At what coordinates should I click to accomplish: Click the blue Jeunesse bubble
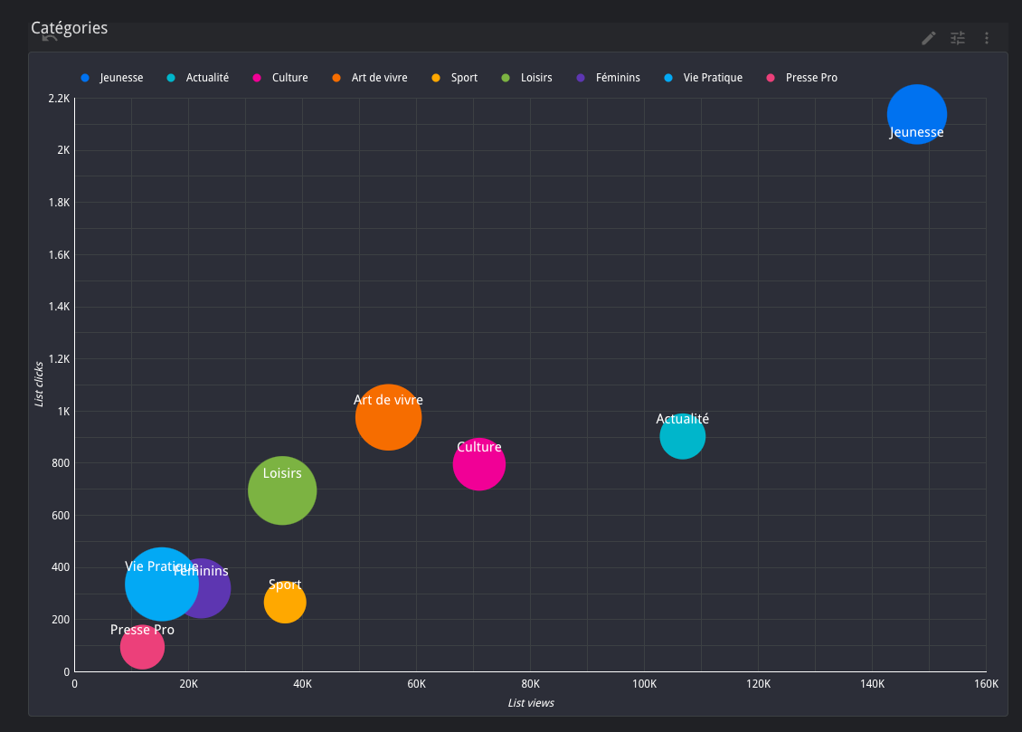[x=916, y=113]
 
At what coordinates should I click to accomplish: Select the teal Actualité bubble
[x=682, y=437]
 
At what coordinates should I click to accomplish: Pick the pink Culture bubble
[x=478, y=465]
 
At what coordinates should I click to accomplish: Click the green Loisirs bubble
[x=282, y=491]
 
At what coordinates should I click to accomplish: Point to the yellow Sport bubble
[x=285, y=603]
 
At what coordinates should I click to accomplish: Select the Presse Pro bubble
[x=142, y=648]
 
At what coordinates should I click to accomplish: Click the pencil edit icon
[x=928, y=38]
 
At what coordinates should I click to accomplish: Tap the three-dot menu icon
[x=987, y=38]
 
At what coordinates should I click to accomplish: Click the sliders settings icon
[x=958, y=38]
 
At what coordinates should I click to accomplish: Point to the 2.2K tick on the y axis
[x=58, y=98]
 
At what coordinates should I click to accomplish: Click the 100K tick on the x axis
[x=644, y=684]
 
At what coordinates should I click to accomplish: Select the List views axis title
[x=531, y=703]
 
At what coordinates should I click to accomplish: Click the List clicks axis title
[x=39, y=385]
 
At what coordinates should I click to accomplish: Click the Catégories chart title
[x=69, y=28]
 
